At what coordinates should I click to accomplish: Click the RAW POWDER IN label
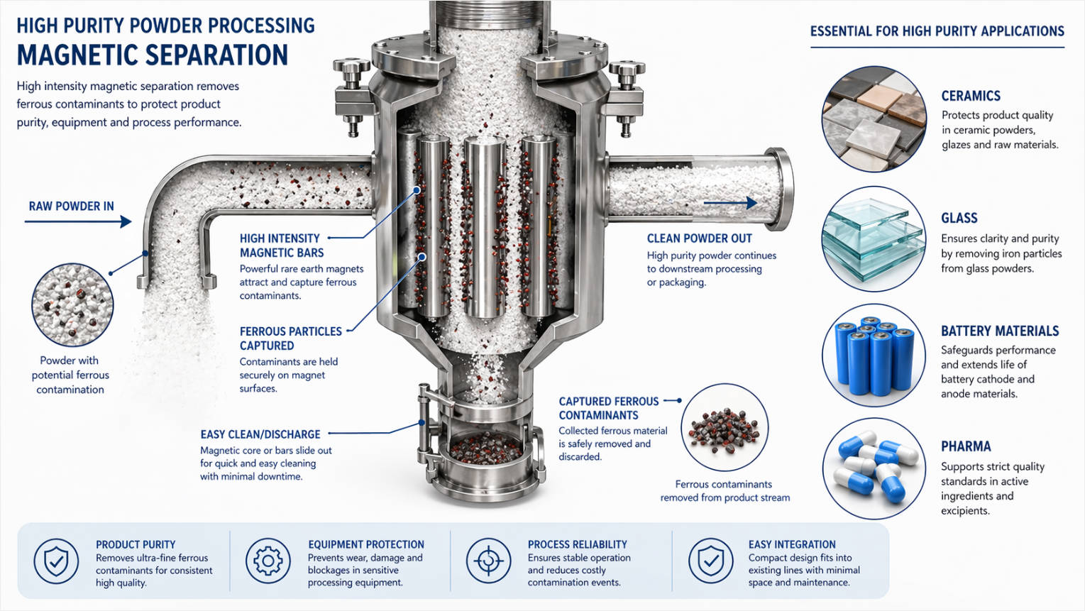[x=71, y=207]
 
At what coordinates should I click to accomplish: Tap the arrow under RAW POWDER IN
[x=78, y=222]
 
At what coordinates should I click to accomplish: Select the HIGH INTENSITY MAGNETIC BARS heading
[x=281, y=246]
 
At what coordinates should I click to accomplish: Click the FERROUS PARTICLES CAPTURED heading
[x=290, y=338]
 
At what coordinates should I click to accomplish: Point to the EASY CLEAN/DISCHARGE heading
[x=260, y=434]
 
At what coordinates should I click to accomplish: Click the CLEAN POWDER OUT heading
[x=699, y=238]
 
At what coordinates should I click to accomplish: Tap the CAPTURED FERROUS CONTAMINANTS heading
[x=608, y=408]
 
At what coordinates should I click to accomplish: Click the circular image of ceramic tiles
[x=874, y=119]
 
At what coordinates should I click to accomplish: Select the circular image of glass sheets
[x=874, y=239]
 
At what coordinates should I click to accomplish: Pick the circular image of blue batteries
[x=874, y=356]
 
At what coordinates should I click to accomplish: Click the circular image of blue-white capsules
[x=874, y=468]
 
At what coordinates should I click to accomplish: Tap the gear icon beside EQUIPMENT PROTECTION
[x=268, y=561]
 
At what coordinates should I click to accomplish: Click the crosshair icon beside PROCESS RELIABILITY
[x=488, y=561]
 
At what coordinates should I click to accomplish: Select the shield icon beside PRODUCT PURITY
[x=56, y=561]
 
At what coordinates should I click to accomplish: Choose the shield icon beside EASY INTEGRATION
[x=710, y=561]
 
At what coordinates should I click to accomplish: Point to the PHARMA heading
[x=966, y=446]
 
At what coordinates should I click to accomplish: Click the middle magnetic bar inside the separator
[x=485, y=227]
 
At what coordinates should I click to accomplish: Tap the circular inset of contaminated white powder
[x=72, y=305]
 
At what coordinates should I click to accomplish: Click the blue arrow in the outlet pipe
[x=730, y=204]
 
